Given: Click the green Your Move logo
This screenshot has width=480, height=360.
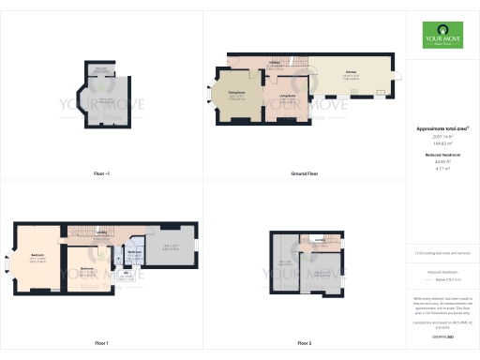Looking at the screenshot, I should click(442, 37).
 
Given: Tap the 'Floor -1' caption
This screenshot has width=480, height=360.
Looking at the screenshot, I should click(101, 174).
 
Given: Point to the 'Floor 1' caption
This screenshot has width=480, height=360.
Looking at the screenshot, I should click(101, 343).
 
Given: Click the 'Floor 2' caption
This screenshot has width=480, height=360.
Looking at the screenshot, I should click(304, 343).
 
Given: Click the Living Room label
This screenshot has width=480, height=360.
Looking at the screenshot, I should click(287, 96).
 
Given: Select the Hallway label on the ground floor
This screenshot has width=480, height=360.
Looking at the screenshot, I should click(276, 63).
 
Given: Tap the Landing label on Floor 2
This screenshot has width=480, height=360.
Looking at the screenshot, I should click(320, 240).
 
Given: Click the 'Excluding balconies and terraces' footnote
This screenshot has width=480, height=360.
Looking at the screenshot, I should click(442, 252).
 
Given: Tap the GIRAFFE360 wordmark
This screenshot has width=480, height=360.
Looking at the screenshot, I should click(442, 335).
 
